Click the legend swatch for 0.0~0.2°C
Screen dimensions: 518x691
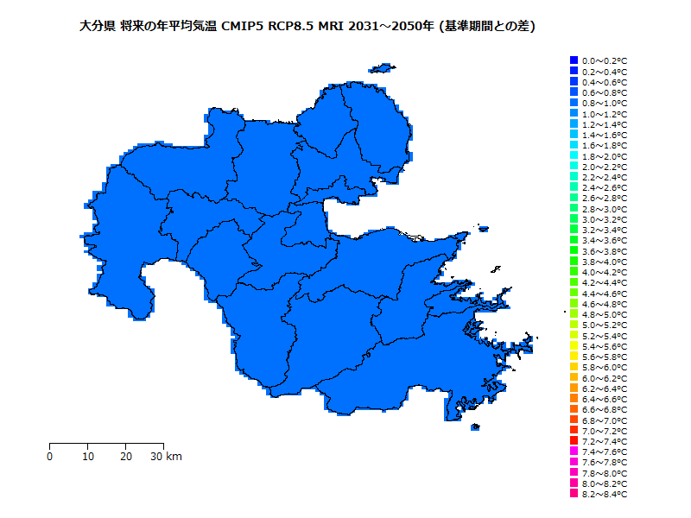[x=574, y=60]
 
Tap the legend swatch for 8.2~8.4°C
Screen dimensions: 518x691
[x=574, y=494]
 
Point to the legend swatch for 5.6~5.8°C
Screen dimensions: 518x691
[x=574, y=357]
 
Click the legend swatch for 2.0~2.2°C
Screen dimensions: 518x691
[x=574, y=166]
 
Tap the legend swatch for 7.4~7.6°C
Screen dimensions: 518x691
[x=574, y=452]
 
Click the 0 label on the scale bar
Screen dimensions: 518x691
[x=50, y=456]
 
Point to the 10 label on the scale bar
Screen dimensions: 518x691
[x=88, y=456]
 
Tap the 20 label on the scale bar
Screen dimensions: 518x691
[x=126, y=456]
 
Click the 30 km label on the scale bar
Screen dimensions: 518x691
[x=166, y=456]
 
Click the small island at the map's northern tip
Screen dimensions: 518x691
[x=380, y=67]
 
